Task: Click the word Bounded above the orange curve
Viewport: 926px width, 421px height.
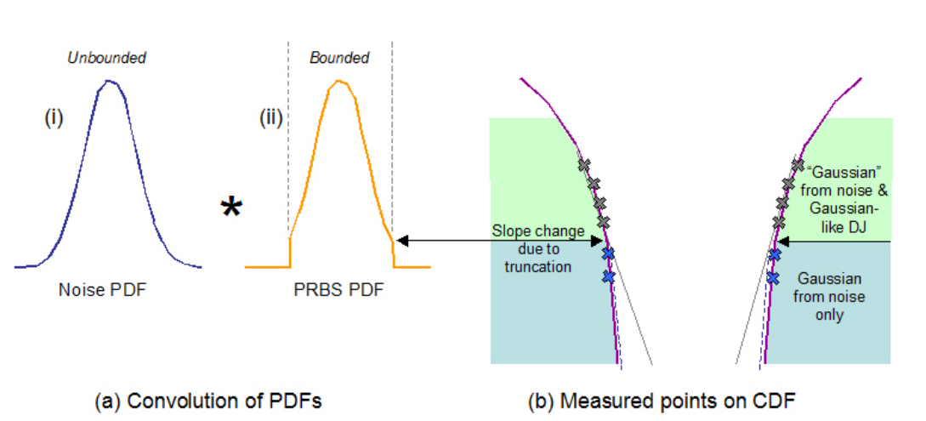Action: pyautogui.click(x=339, y=58)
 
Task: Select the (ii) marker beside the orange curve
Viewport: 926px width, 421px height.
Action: pyautogui.click(x=271, y=120)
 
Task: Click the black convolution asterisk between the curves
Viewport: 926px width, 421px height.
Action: pyautogui.click(x=230, y=208)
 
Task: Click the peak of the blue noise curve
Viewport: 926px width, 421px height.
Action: pyautogui.click(x=109, y=82)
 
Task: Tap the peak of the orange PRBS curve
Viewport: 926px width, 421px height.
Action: pyautogui.click(x=338, y=82)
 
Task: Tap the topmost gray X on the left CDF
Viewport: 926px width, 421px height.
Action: pyautogui.click(x=583, y=165)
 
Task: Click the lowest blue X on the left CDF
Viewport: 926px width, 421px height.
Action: pyautogui.click(x=609, y=276)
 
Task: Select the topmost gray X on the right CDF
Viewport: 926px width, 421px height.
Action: pyautogui.click(x=798, y=164)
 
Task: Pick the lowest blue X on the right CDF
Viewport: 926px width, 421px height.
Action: pyautogui.click(x=773, y=277)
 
